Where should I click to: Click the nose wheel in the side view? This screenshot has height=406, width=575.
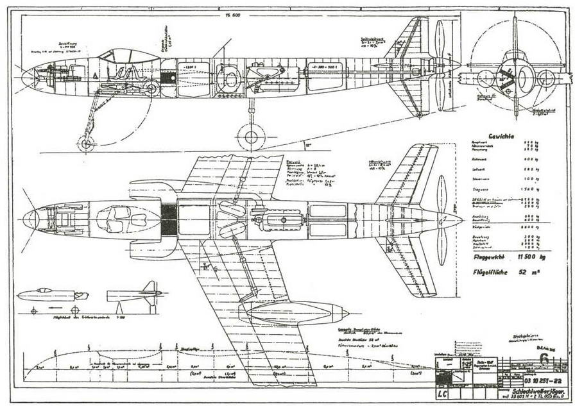tap(85, 142)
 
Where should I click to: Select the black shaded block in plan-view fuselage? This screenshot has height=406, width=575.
tap(168, 219)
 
